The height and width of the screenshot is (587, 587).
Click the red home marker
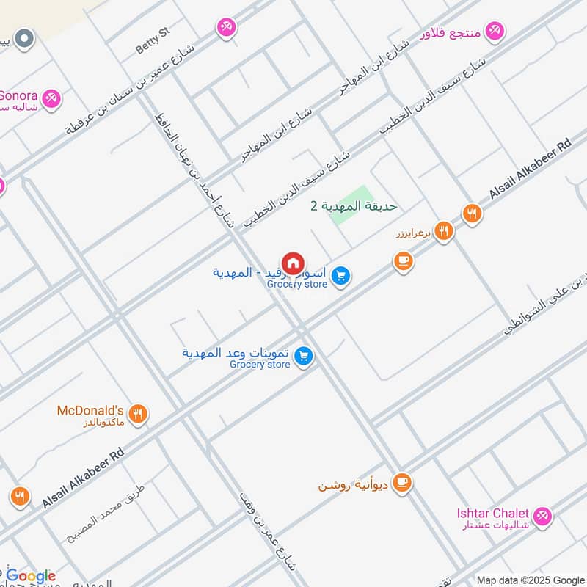pos(293,263)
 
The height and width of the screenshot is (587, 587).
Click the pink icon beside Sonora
pos(51,98)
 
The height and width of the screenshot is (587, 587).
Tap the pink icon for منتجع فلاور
pos(497,30)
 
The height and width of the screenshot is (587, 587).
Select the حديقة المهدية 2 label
pos(354,206)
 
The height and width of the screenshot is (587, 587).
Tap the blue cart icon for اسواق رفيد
pos(340,277)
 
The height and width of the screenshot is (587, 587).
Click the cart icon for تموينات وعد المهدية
pos(303,357)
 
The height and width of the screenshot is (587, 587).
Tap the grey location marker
pos(25,38)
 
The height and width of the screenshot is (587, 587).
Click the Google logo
pos(31,575)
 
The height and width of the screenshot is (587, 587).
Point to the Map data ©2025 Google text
pos(530,579)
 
